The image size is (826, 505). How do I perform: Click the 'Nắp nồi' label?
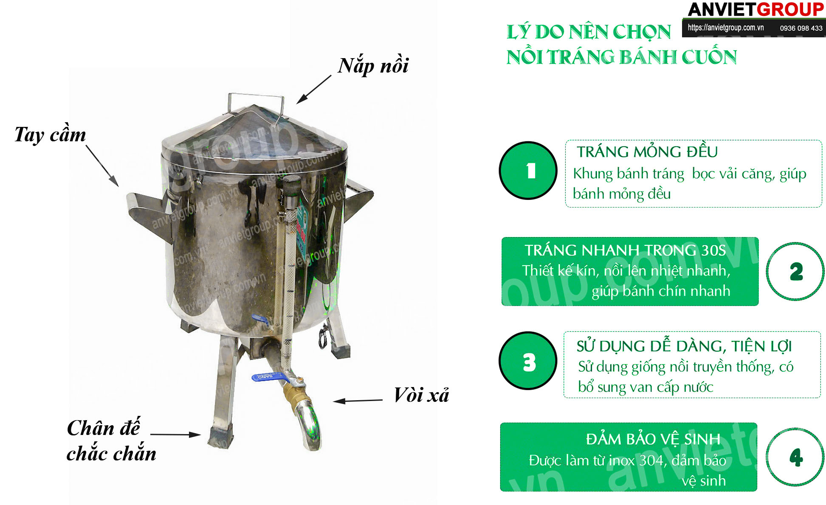373,66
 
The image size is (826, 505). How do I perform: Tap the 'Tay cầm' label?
50,135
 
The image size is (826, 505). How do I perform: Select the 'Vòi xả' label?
421,395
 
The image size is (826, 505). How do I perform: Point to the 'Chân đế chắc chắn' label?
111,440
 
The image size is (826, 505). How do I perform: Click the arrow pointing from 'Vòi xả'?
358,401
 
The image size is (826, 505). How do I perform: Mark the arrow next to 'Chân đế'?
175,434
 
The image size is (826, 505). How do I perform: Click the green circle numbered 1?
528,171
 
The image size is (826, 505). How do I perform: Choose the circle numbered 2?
795,272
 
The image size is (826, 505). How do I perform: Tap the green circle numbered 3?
528,361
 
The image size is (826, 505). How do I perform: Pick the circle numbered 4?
795,457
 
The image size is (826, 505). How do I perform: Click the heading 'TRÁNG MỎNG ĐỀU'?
647,151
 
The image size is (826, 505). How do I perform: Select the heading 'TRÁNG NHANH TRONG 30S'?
625,250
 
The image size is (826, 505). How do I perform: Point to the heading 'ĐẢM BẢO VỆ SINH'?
653,439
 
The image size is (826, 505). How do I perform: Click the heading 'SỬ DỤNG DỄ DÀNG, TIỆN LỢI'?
684,346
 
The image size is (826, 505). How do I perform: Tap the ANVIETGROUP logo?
756,9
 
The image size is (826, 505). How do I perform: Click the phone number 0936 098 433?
801,28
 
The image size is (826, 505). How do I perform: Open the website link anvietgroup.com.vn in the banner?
725,28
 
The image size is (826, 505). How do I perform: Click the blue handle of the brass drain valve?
268,376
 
